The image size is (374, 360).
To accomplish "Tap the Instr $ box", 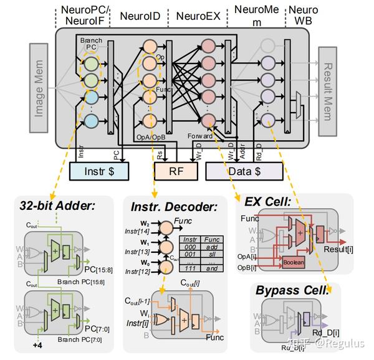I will point(98,169).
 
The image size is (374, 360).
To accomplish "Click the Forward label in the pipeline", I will point(199,133).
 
